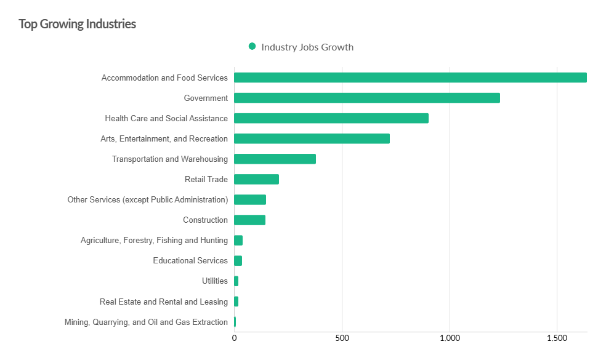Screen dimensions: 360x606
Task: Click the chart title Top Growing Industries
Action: coord(77,24)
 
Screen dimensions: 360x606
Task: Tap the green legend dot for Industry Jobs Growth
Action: coord(252,47)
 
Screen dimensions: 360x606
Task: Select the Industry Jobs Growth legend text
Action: coord(307,47)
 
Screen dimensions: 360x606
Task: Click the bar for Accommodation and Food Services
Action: coord(410,78)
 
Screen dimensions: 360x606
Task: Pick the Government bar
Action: coord(367,98)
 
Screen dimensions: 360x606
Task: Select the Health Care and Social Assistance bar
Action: coord(331,118)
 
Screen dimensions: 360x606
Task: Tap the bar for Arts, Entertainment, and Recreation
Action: coord(312,138)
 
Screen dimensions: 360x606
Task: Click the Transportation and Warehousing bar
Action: coord(275,159)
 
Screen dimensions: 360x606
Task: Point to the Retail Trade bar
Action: coord(256,179)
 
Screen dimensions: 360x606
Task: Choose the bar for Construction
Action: coord(249,220)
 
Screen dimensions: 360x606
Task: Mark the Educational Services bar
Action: coord(238,260)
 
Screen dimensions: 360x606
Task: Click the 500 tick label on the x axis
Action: coord(342,338)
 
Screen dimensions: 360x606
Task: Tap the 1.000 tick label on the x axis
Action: coord(450,338)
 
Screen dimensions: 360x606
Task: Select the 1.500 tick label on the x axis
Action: coord(557,338)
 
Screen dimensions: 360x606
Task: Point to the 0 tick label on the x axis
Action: coord(234,338)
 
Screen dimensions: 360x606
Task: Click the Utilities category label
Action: coord(215,281)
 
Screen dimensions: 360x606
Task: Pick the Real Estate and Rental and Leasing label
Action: coord(164,302)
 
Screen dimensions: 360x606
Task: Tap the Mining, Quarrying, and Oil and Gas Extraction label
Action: coord(146,322)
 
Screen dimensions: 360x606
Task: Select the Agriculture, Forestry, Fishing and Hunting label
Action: coord(154,240)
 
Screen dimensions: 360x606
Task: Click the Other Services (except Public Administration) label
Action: coord(148,199)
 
